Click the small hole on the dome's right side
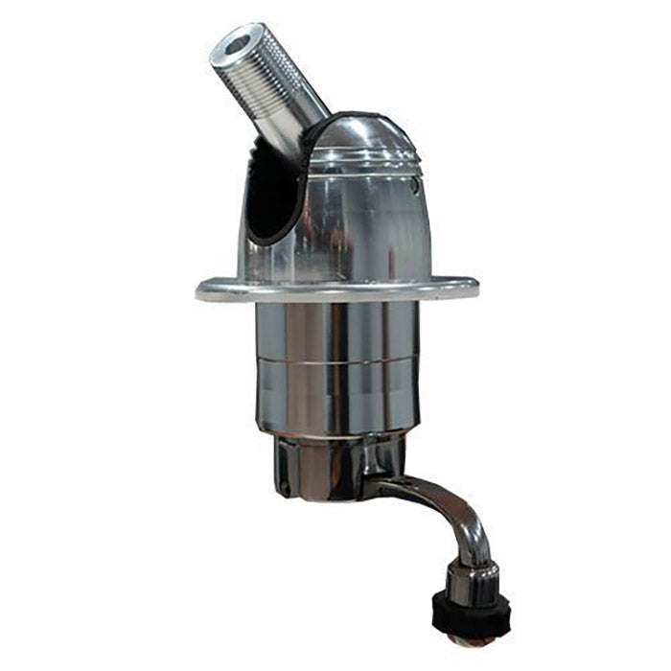pyautogui.click(x=415, y=179)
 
